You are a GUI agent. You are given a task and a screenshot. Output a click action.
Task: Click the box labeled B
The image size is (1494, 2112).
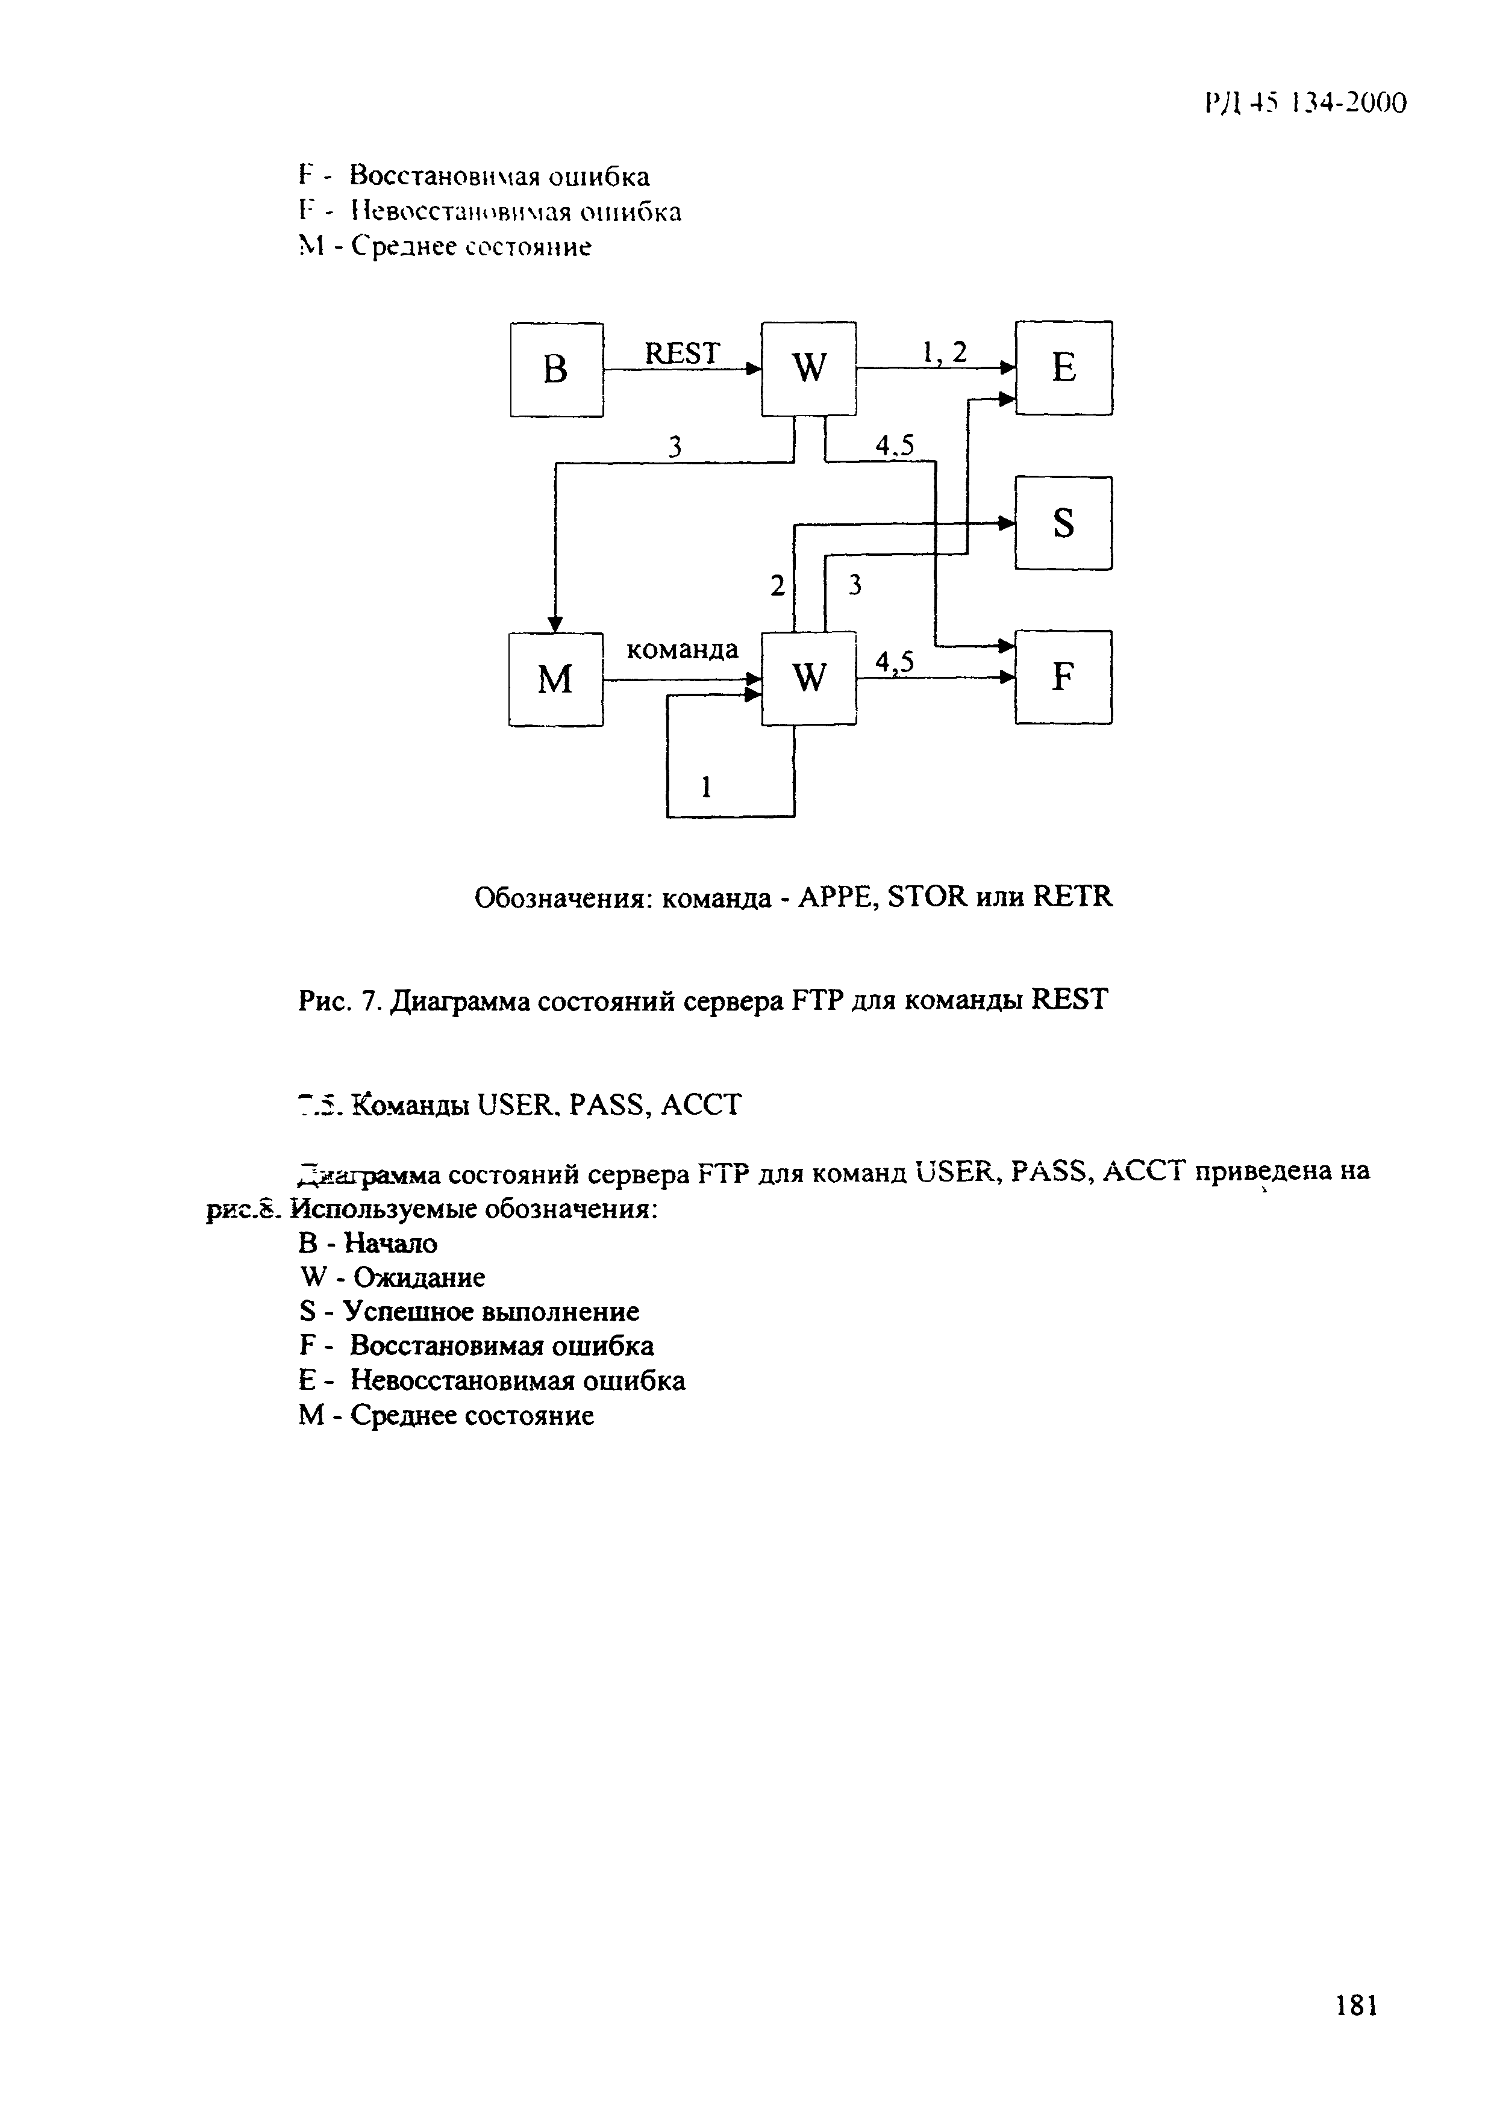coord(557,370)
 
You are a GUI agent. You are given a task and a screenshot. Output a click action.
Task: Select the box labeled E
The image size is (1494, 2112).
coord(1063,368)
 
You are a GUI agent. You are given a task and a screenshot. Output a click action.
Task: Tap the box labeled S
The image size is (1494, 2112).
coord(1063,523)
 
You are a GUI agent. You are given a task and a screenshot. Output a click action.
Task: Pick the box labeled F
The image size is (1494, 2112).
coord(1063,678)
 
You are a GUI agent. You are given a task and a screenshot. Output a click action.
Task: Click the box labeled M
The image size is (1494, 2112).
coord(555,680)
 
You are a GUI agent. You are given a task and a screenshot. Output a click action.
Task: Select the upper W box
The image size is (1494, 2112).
coord(808,368)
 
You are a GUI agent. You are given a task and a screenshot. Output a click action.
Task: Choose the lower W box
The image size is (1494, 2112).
coord(808,678)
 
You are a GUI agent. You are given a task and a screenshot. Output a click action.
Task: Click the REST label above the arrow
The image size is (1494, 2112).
coord(682,354)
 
